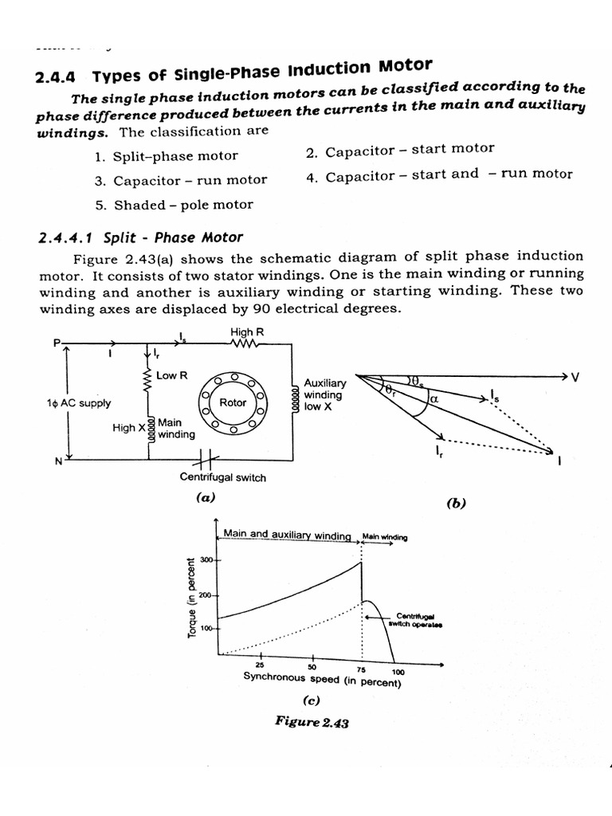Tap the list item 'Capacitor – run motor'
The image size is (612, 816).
(181, 180)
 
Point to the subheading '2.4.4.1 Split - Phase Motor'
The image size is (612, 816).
(140, 237)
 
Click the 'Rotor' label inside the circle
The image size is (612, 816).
(233, 402)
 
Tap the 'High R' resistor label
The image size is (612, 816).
(241, 331)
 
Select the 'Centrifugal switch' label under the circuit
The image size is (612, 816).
(223, 477)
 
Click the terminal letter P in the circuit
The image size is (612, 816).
(57, 343)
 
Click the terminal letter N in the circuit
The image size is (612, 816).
(57, 460)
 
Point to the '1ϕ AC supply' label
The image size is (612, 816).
(79, 403)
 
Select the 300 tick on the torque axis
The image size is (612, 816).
(205, 561)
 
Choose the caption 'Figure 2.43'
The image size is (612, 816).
(312, 721)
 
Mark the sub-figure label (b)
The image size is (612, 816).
(456, 504)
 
